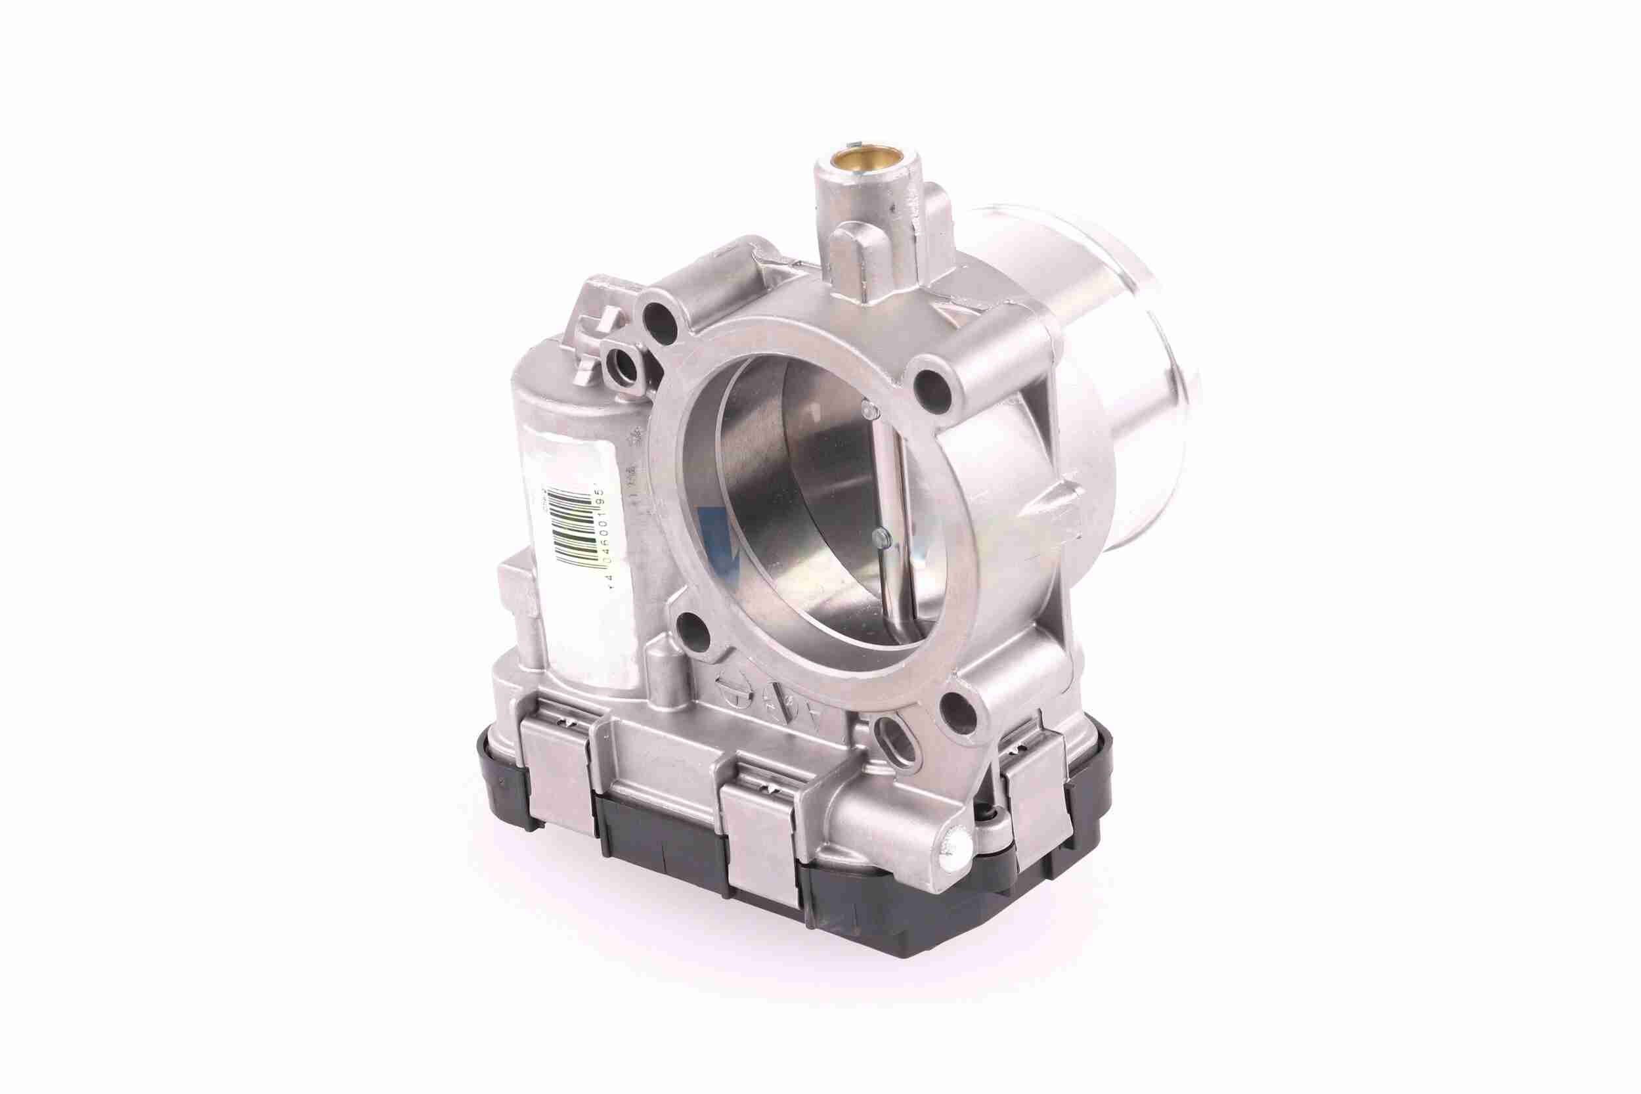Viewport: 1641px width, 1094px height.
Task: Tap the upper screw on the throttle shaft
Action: click(x=868, y=406)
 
